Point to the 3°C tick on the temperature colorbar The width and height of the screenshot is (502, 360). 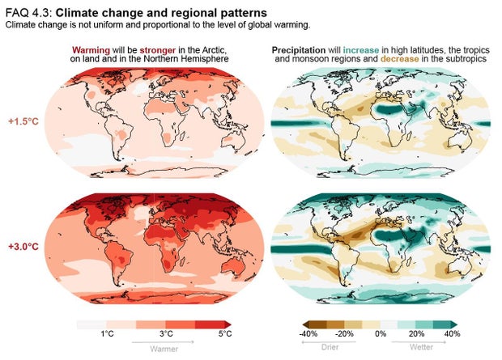[x=166, y=333]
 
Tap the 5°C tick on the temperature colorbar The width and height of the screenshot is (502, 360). [x=224, y=333]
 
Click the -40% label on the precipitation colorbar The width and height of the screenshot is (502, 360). [x=308, y=333]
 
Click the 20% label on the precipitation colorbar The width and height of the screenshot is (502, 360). [x=417, y=333]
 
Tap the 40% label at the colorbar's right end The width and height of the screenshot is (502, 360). [x=452, y=333]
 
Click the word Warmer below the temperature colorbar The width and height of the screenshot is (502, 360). [x=166, y=349]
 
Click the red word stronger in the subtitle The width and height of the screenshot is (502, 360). [x=157, y=50]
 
